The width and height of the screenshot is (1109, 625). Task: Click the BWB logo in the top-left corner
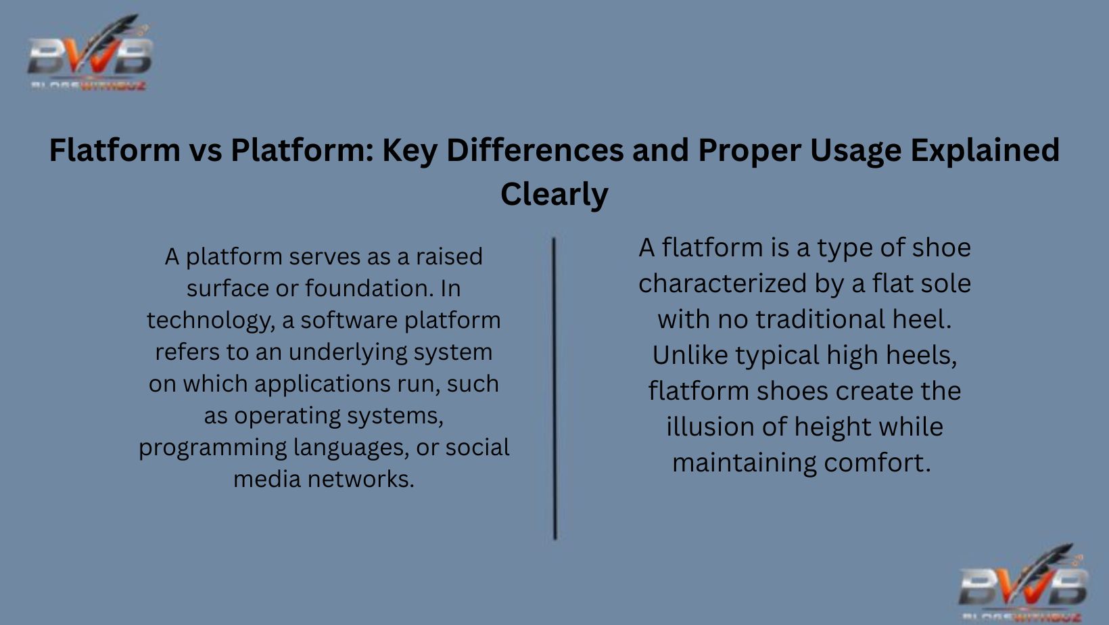click(89, 54)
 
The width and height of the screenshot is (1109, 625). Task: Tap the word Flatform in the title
click(114, 150)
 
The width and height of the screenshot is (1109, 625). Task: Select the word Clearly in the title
click(554, 194)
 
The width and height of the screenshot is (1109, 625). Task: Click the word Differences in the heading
click(535, 150)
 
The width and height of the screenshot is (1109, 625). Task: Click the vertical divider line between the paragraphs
click(554, 388)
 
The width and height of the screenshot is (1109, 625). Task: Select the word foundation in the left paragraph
click(369, 289)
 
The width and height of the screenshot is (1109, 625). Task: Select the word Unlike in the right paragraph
click(690, 356)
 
